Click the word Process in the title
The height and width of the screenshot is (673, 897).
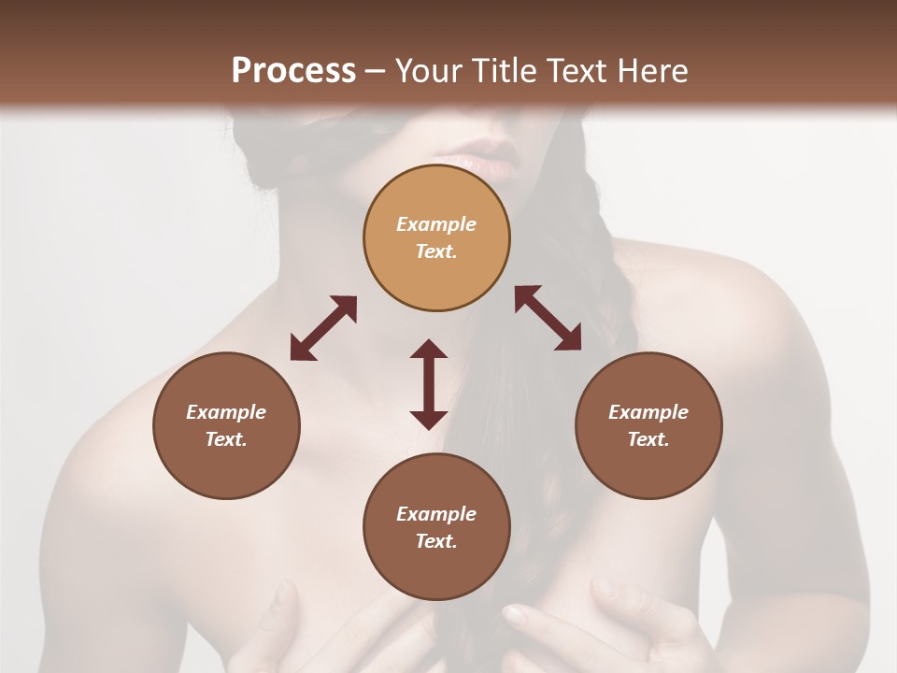(293, 71)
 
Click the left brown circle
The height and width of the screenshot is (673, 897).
(226, 425)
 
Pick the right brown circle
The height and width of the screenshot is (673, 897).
(648, 425)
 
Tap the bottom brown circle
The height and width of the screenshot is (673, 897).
(436, 526)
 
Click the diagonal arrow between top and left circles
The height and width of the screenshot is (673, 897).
(323, 328)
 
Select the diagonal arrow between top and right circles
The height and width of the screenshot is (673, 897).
(548, 319)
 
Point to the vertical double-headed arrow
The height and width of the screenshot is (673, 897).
(429, 384)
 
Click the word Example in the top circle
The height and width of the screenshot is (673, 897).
(436, 224)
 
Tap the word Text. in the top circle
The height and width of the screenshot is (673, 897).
(436, 251)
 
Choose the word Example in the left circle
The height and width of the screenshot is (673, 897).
(226, 412)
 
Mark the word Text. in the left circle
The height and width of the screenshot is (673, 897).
(226, 439)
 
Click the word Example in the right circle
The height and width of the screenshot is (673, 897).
(648, 412)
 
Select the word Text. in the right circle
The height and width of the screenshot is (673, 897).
(648, 439)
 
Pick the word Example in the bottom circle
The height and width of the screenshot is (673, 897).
(436, 514)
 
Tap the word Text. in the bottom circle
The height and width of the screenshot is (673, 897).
(436, 541)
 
